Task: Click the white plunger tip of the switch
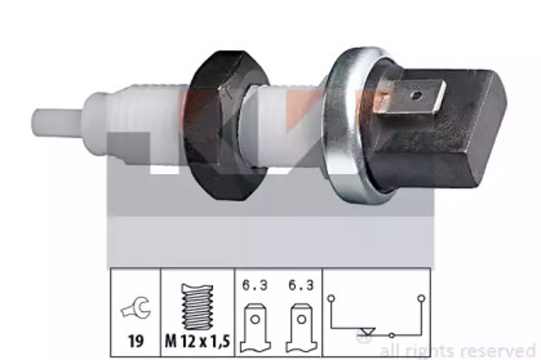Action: point(57,122)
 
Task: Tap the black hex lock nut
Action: point(226,125)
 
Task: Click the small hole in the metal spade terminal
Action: point(417,94)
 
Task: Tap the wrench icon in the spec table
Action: point(135,308)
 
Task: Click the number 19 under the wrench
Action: point(135,341)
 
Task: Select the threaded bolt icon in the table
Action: point(197,307)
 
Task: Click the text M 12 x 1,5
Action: point(197,341)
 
